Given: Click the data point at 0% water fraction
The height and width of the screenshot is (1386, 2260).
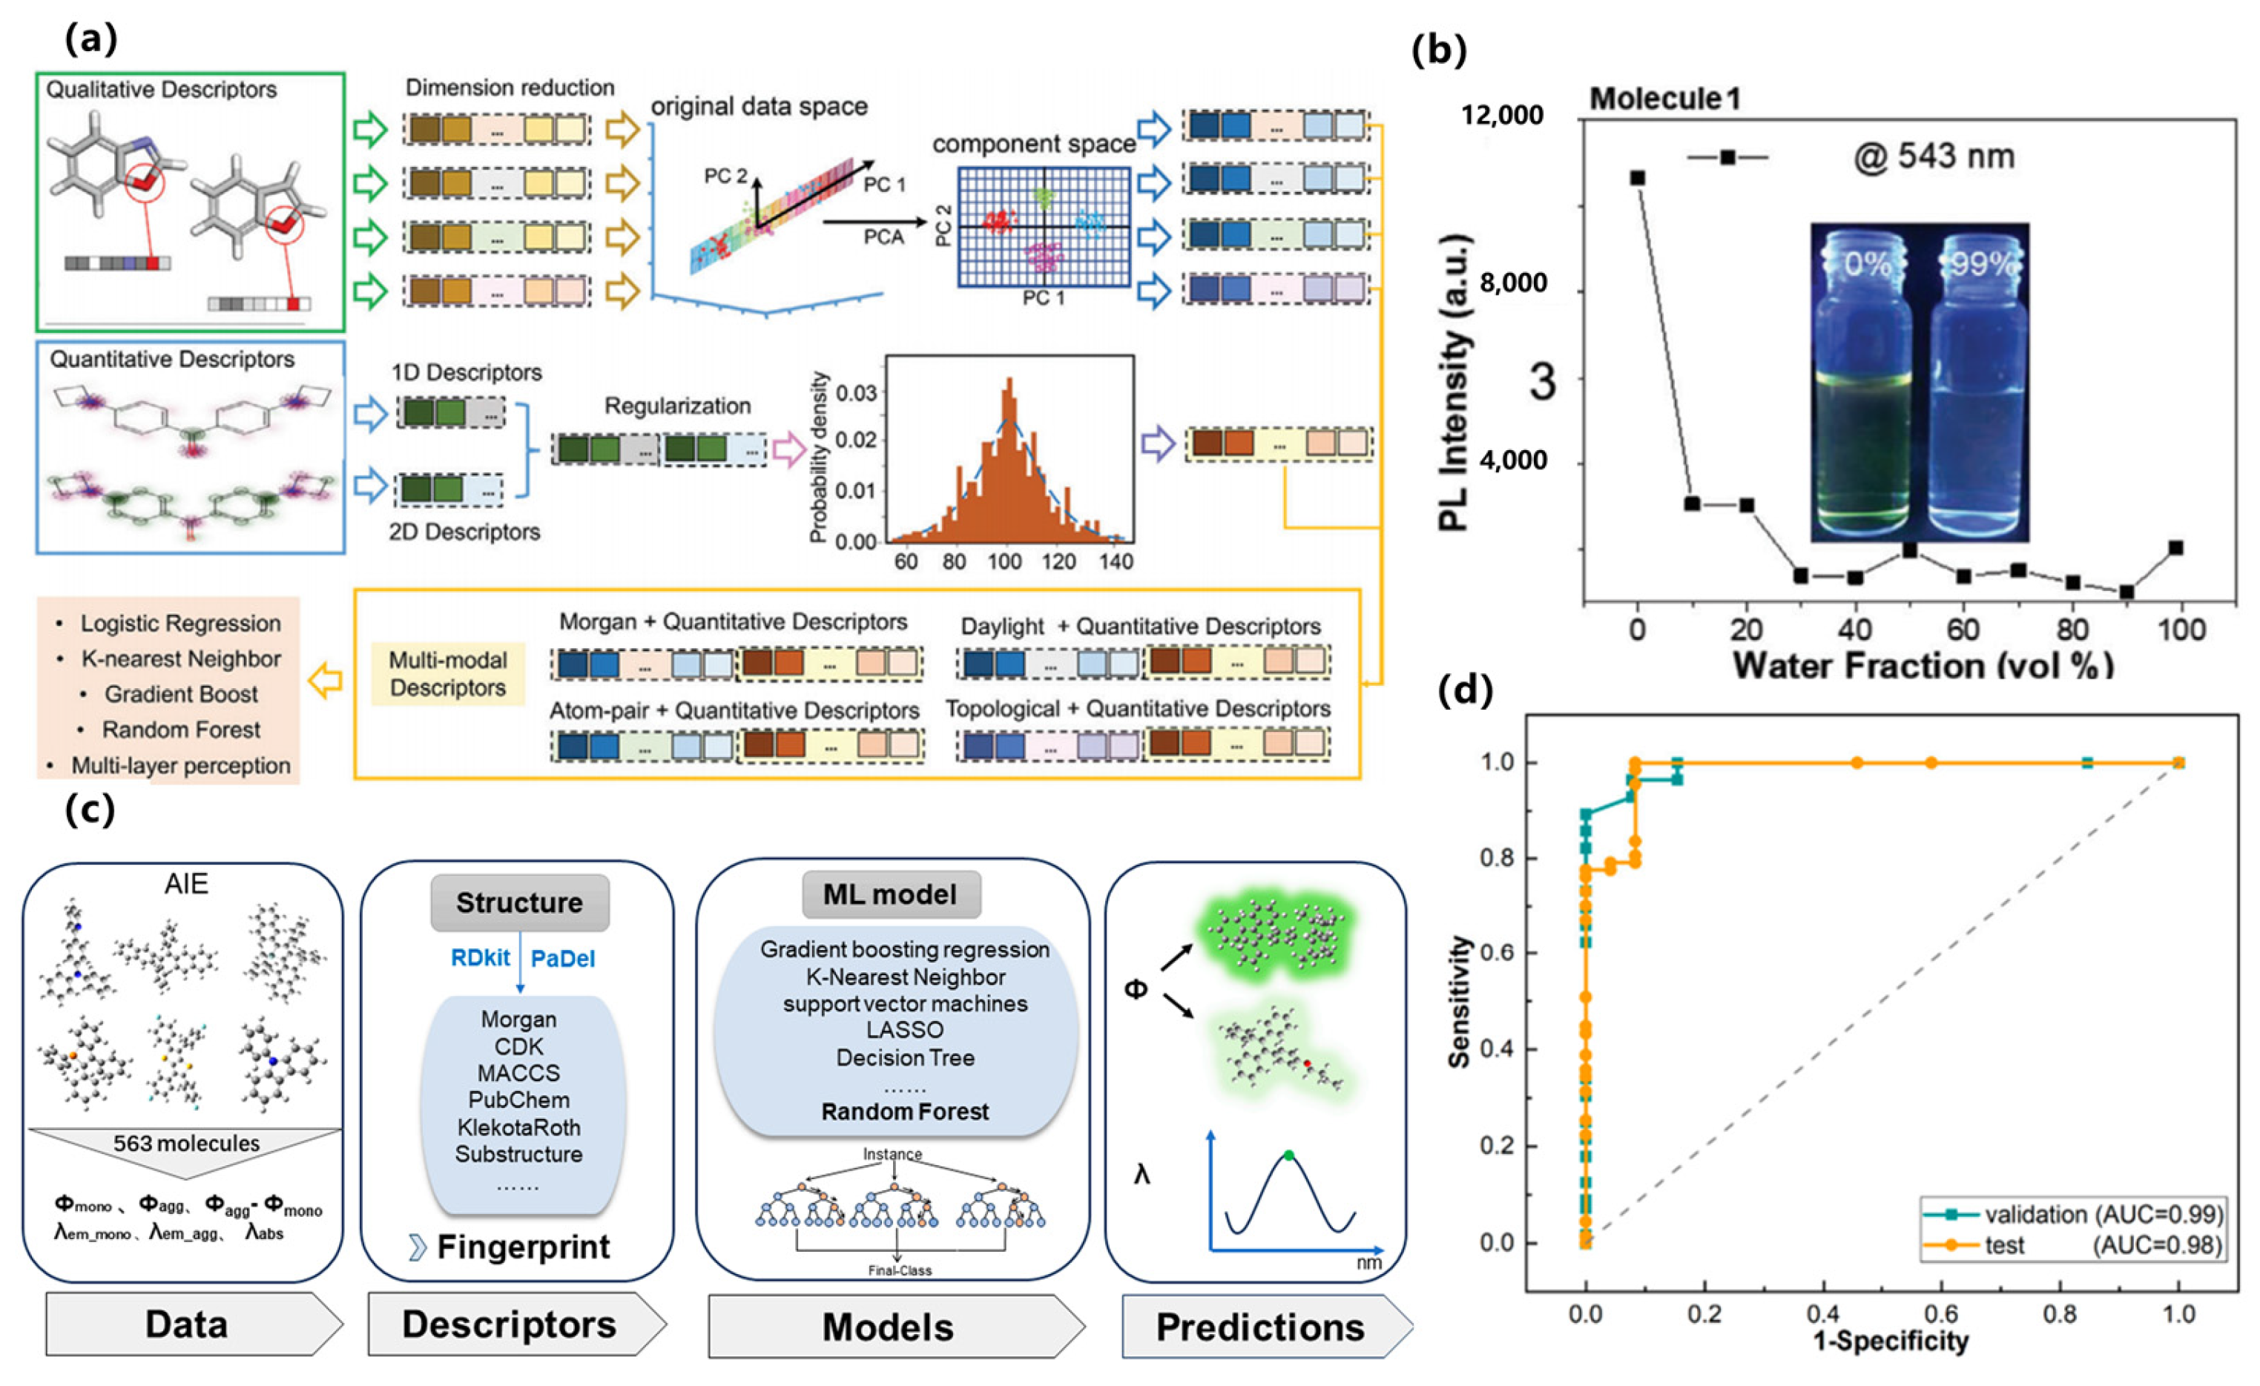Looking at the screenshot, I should click(1637, 177).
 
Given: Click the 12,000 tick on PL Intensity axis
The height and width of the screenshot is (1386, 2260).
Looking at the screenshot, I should click(1503, 116).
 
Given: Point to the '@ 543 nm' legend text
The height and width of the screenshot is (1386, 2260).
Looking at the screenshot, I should click(1934, 157).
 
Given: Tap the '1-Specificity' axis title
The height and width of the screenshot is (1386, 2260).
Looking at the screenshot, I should click(1891, 1341).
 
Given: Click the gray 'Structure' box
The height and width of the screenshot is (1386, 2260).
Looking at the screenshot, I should click(519, 902).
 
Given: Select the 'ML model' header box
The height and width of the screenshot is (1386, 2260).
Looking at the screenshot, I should click(890, 894).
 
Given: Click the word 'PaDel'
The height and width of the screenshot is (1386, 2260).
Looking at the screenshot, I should click(562, 959).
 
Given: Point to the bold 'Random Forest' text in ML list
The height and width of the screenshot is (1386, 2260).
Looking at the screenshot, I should click(904, 1112).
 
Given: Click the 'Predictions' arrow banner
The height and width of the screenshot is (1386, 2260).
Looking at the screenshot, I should click(1260, 1327).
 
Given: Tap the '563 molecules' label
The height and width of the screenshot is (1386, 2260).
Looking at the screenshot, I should click(186, 1143).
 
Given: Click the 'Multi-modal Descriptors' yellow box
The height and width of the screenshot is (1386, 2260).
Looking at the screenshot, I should click(447, 674).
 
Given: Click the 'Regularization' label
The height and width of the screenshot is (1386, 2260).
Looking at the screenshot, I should click(677, 406).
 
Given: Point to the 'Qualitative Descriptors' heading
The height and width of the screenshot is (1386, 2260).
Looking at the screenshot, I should click(162, 89).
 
